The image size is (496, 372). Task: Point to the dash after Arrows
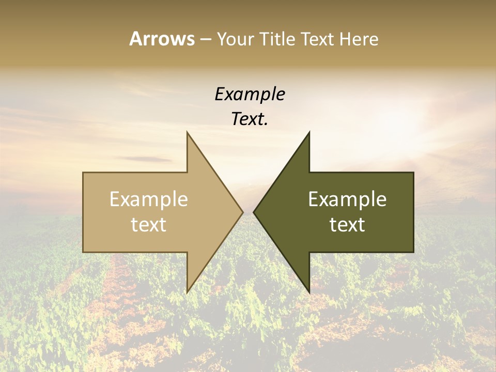click(x=206, y=39)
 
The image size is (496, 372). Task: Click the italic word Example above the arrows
click(x=250, y=94)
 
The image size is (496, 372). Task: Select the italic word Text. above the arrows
click(x=250, y=119)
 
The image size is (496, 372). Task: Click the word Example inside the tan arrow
click(x=148, y=199)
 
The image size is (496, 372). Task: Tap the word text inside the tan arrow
click(x=148, y=225)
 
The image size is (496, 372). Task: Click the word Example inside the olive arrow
click(x=347, y=199)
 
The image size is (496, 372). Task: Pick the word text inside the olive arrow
click(x=347, y=225)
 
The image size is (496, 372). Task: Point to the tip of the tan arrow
click(x=242, y=212)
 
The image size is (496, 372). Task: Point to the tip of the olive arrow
click(x=255, y=212)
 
